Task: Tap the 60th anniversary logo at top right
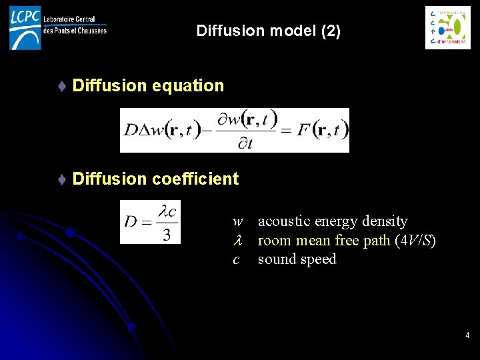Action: (x=448, y=27)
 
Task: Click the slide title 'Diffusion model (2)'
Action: (x=269, y=31)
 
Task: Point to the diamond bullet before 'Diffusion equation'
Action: (x=61, y=86)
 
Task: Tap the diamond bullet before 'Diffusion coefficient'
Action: (x=61, y=179)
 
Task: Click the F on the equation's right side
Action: (x=304, y=129)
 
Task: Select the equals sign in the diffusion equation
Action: (x=286, y=130)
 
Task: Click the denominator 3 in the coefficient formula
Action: (x=167, y=234)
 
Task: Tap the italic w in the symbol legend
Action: (x=237, y=221)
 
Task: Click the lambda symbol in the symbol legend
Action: (x=237, y=241)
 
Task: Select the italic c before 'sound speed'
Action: (x=236, y=260)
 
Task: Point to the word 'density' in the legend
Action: (x=385, y=221)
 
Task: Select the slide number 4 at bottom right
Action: (x=467, y=335)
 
